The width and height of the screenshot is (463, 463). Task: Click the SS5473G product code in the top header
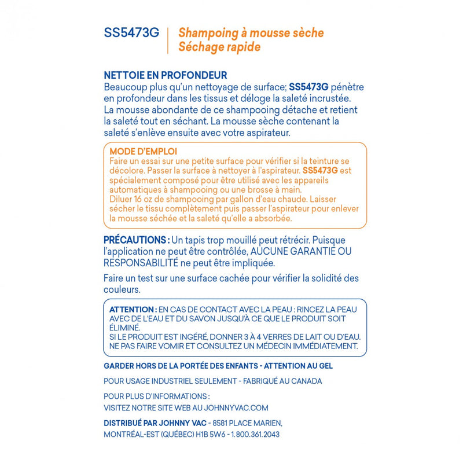click(131, 33)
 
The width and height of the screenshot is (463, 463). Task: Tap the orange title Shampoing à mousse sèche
click(251, 33)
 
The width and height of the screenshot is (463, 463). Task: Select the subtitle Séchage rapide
click(219, 47)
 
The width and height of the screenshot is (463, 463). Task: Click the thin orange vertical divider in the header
click(168, 40)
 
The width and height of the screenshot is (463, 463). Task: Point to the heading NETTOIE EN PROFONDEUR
click(165, 75)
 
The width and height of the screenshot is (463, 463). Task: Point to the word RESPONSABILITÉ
click(142, 262)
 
